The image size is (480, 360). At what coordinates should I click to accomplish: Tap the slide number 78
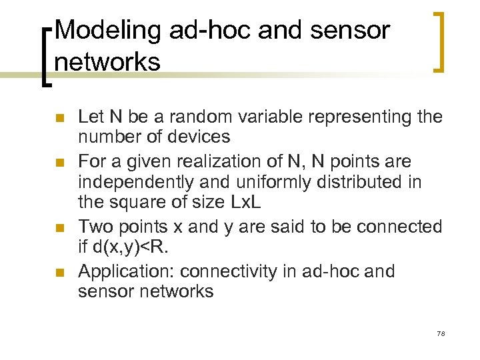click(x=440, y=333)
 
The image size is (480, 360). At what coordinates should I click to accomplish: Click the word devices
click(x=200, y=137)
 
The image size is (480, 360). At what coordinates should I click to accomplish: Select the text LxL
click(x=230, y=203)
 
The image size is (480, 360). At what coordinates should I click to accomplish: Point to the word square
click(x=137, y=203)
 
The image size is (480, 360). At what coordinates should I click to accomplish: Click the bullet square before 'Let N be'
click(x=59, y=119)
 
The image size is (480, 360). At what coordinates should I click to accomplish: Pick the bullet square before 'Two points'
click(x=59, y=229)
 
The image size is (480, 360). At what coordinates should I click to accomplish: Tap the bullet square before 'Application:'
click(x=59, y=273)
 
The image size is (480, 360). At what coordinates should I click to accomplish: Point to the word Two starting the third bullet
click(x=93, y=227)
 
